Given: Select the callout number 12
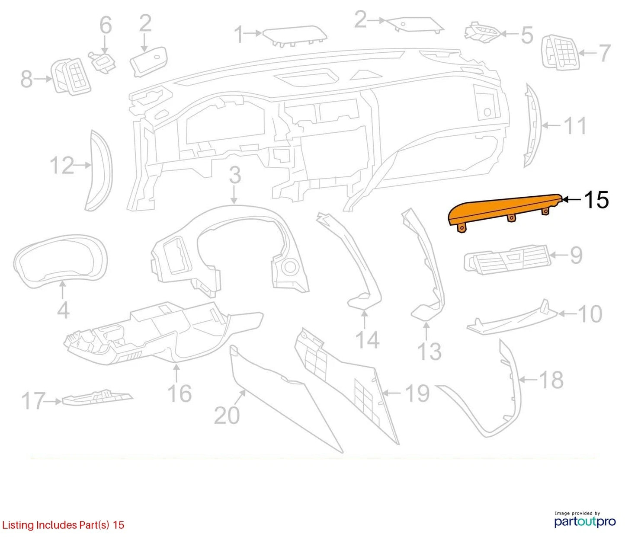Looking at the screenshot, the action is [62, 166].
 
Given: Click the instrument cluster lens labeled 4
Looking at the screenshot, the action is [61, 259].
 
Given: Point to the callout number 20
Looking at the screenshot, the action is [227, 416].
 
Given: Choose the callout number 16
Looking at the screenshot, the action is [179, 393].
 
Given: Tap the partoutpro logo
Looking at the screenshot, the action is [585, 518].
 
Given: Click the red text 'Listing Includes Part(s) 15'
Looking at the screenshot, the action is [63, 525].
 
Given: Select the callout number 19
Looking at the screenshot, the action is [417, 393].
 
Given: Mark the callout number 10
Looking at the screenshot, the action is [590, 314].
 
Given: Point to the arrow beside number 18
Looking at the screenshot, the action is [529, 379].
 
